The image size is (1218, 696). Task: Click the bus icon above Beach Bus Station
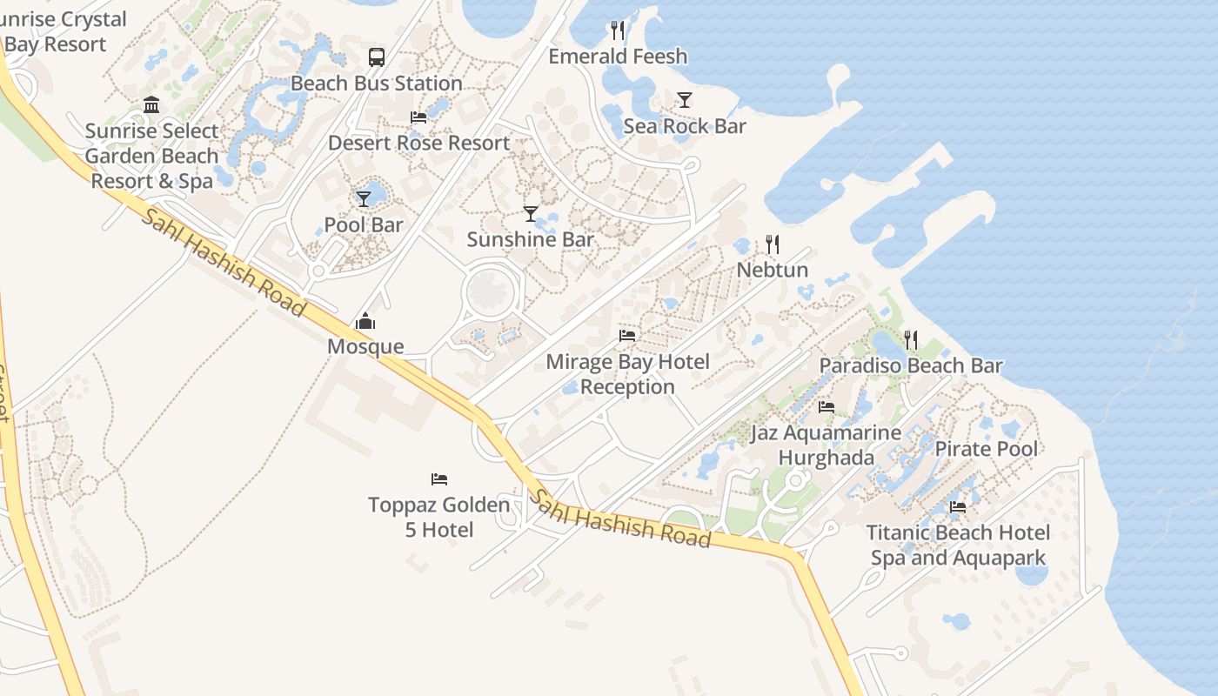click(376, 57)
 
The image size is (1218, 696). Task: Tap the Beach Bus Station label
click(376, 84)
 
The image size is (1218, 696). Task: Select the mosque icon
click(365, 321)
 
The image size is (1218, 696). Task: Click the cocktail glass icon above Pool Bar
click(364, 198)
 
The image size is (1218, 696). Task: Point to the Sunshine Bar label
click(530, 239)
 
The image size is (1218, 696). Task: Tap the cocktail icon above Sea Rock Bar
click(685, 100)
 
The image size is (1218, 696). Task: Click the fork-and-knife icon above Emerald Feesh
click(618, 31)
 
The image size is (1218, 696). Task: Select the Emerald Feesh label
click(618, 57)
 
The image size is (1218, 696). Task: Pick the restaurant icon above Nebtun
click(773, 244)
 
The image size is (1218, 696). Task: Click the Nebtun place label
click(773, 270)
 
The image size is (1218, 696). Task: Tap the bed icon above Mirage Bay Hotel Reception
click(627, 335)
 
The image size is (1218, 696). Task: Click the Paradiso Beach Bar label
click(911, 366)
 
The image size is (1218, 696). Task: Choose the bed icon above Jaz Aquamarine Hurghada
click(826, 406)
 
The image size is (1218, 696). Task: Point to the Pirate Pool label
click(986, 449)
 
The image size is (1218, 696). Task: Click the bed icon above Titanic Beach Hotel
click(958, 506)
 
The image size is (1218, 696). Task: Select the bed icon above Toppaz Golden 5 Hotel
click(439, 478)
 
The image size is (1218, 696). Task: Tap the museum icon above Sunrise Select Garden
click(151, 105)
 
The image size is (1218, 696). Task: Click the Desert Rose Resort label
click(418, 143)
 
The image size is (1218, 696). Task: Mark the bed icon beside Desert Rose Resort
click(418, 117)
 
